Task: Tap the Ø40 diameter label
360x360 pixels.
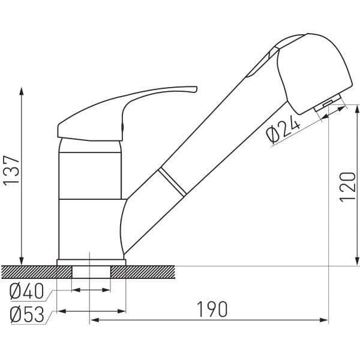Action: click(28, 292)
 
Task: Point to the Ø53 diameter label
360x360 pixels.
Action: click(28, 314)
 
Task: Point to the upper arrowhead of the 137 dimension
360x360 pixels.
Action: click(22, 89)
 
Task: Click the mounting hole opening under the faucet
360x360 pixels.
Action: click(91, 271)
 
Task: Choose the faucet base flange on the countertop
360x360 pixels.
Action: click(91, 262)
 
